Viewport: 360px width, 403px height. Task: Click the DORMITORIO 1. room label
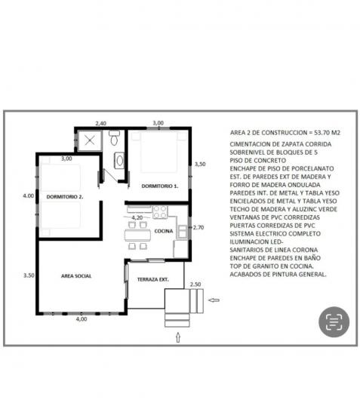point(159,186)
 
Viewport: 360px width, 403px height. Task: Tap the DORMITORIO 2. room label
point(65,197)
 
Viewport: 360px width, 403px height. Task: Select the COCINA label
point(164,231)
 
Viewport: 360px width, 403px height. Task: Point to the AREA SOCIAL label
point(76,276)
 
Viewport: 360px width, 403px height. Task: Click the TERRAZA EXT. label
point(153,279)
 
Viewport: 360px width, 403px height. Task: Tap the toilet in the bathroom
point(114,138)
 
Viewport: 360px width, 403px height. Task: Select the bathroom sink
point(119,161)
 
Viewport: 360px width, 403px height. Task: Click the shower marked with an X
point(90,140)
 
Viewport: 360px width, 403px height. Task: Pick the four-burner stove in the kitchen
point(160,212)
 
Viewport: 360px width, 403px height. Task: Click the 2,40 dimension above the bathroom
point(100,123)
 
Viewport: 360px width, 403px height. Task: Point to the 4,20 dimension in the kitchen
point(137,217)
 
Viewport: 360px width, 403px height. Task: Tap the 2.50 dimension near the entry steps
point(195,285)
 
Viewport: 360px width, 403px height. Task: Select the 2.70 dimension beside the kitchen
point(198,227)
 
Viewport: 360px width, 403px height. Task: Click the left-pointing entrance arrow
point(214,300)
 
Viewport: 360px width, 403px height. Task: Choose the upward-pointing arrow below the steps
point(178,337)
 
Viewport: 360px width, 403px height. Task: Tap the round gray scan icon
point(334,321)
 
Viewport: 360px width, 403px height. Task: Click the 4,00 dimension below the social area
point(82,319)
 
